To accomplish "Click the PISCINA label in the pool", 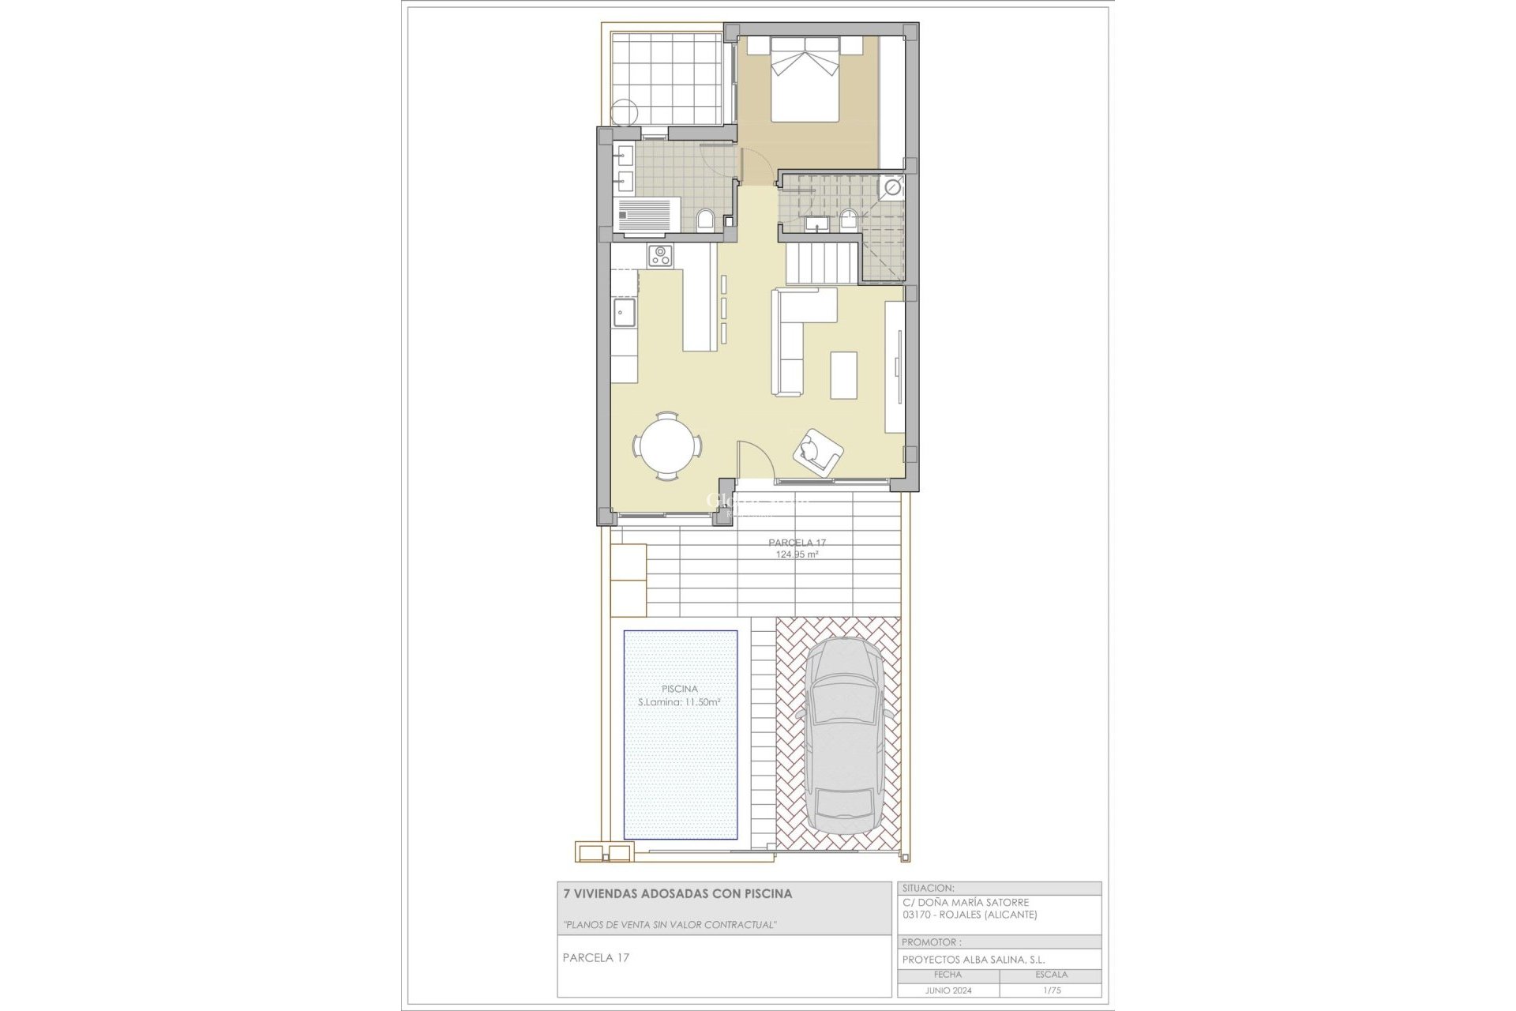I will [680, 689].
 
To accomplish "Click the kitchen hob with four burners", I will [660, 255].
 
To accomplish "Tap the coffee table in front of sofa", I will [843, 375].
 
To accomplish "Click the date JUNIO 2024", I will [948, 990].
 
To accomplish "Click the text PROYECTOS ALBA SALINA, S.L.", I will [974, 960].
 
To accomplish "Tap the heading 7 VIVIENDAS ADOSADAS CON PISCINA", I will [677, 894].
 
